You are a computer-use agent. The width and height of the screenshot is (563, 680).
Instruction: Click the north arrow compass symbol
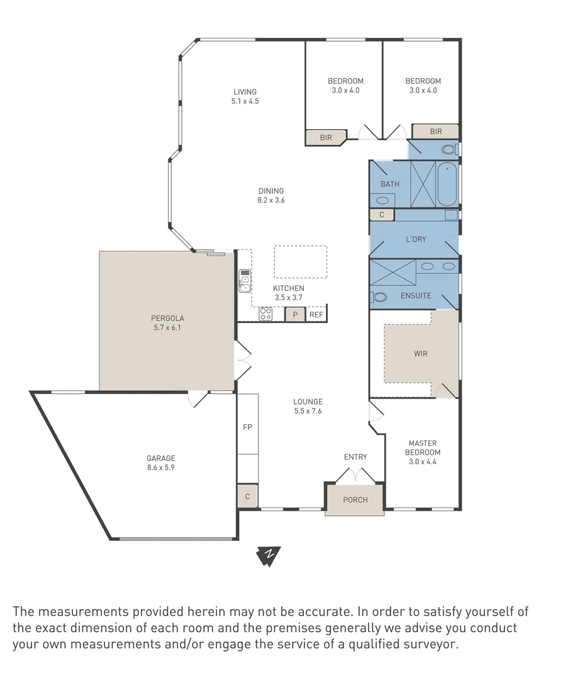click(x=269, y=555)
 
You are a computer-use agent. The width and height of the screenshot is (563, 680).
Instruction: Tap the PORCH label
click(x=355, y=499)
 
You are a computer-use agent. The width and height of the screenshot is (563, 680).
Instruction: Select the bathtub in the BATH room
click(x=447, y=184)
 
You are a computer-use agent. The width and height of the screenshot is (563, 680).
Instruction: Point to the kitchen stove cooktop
click(x=265, y=314)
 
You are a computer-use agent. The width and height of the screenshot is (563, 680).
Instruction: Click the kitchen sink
click(x=245, y=281)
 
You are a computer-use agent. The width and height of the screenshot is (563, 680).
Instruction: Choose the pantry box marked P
click(x=295, y=314)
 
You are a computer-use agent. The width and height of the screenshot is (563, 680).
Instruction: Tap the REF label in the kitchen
click(x=316, y=315)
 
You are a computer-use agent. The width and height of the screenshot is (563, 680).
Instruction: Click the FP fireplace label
click(x=247, y=427)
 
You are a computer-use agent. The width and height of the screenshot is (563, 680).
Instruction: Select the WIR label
click(x=420, y=353)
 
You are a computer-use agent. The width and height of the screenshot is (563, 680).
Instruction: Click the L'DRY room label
click(x=416, y=239)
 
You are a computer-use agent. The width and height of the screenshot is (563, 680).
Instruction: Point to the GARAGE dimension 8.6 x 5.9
click(x=161, y=467)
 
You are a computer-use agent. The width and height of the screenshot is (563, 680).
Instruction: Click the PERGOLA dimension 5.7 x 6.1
click(x=167, y=327)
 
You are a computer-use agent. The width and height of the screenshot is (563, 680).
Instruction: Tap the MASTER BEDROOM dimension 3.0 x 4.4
click(x=423, y=462)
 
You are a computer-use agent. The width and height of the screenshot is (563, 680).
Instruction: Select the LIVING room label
click(x=245, y=91)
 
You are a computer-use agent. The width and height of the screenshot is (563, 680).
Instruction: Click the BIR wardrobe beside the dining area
click(x=326, y=137)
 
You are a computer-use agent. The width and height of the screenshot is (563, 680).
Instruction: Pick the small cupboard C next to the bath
click(x=381, y=214)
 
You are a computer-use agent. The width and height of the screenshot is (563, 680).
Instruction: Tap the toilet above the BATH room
click(x=450, y=150)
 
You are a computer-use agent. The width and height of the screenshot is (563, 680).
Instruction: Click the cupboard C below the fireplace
click(x=247, y=496)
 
